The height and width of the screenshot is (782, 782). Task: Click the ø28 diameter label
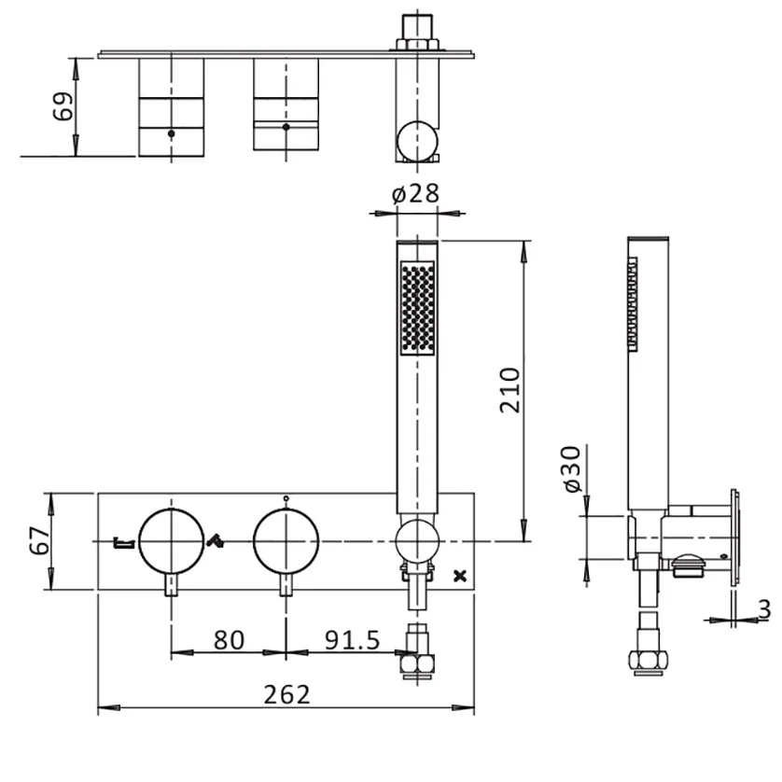[x=415, y=195]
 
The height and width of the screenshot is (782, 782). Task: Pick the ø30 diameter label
[x=570, y=471]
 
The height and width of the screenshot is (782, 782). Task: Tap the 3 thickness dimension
[x=764, y=608]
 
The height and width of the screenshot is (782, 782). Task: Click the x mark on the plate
[x=457, y=576]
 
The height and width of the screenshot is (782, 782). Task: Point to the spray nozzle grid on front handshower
[x=417, y=309]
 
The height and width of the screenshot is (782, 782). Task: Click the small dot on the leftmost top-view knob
[x=171, y=134]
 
